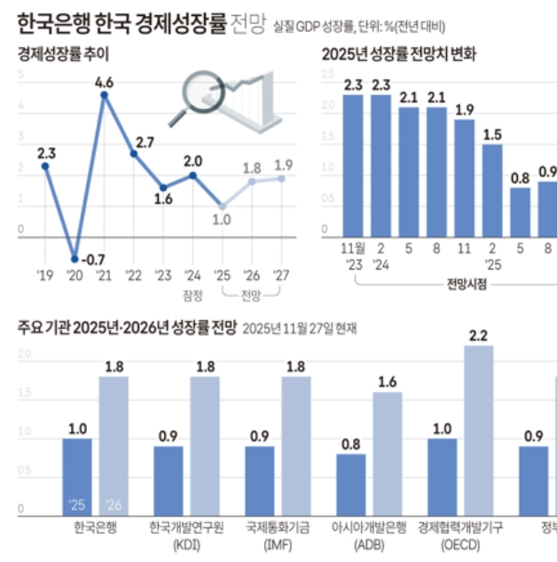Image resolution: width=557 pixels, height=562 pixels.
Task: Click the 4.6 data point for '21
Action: click(x=104, y=94)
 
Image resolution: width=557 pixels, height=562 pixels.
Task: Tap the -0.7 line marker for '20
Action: click(x=75, y=259)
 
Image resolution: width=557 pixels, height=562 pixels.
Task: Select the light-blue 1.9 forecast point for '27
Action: click(x=282, y=177)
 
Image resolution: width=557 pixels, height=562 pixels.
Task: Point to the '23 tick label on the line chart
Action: click(x=162, y=275)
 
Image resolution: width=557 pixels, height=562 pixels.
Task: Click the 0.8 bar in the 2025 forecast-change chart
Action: click(x=519, y=212)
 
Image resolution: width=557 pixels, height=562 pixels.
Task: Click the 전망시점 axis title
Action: click(x=467, y=285)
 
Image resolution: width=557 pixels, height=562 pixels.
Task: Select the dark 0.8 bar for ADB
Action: click(x=350, y=484)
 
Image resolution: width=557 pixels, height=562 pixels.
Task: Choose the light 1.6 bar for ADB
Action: click(x=387, y=453)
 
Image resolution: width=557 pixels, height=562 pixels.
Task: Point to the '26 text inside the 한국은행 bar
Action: click(x=113, y=505)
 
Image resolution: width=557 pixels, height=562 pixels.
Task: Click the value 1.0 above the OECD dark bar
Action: click(x=443, y=428)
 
